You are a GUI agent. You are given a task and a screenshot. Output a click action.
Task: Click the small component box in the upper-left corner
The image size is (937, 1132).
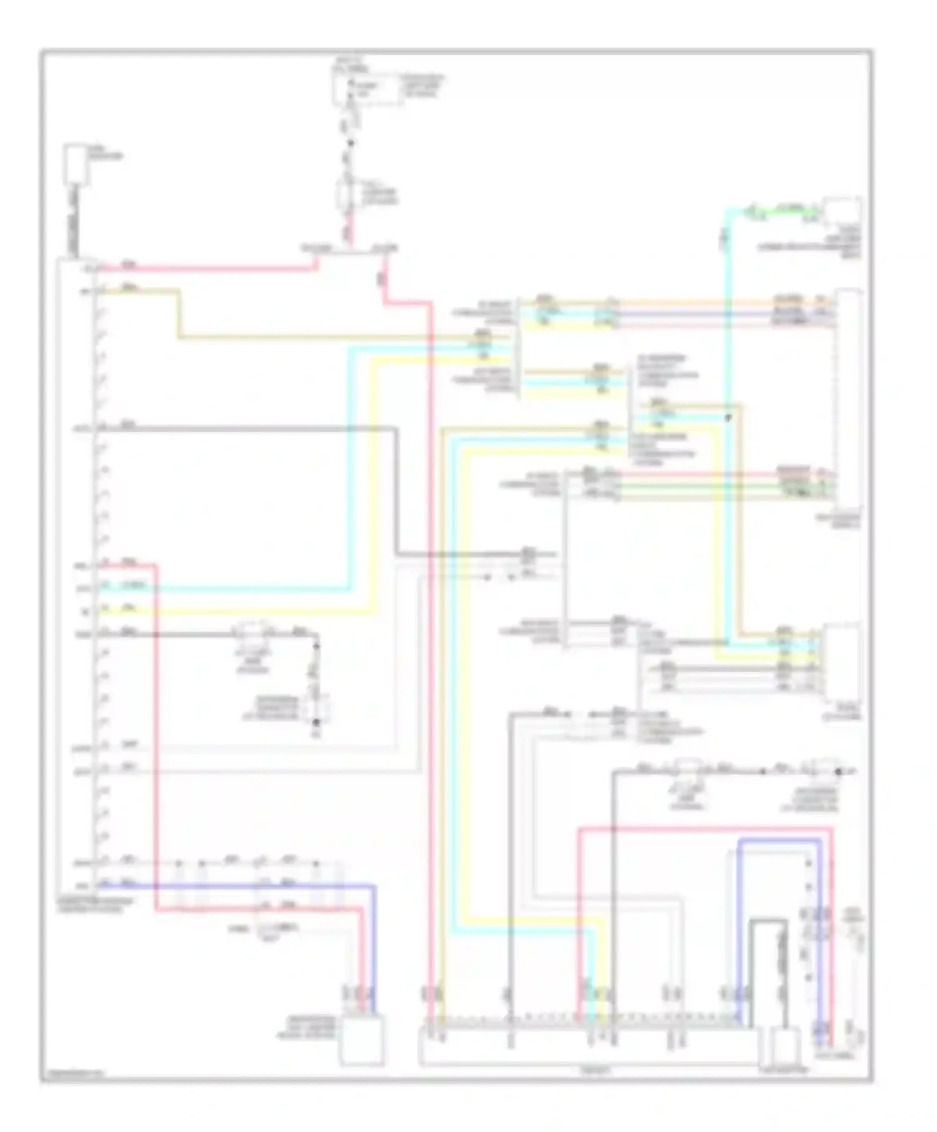pyautogui.click(x=76, y=164)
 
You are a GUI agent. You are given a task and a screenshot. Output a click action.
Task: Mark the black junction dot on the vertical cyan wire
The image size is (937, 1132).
pyautogui.click(x=727, y=418)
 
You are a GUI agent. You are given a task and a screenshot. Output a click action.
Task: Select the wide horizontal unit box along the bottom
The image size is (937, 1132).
pyautogui.click(x=587, y=1048)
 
